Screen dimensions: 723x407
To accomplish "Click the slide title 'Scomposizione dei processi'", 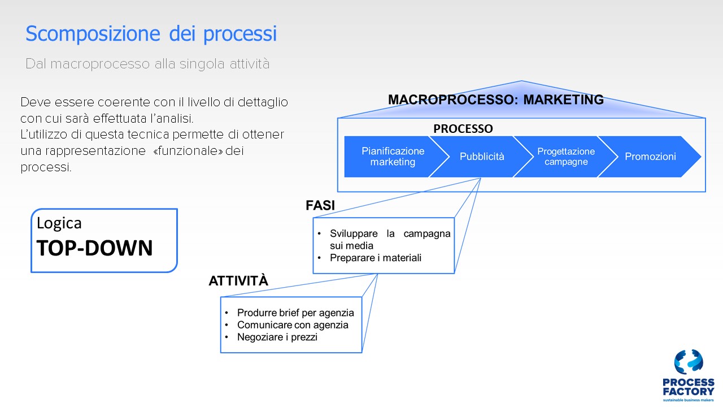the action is click(151, 33).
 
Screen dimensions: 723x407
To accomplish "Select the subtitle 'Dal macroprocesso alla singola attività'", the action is click(147, 64).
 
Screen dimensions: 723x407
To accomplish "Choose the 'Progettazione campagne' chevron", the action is click(566, 157).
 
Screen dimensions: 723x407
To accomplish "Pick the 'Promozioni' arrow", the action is click(650, 157).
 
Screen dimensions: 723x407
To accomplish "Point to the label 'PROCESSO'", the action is click(463, 128).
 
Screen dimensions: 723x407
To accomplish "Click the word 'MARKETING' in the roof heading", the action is click(563, 99).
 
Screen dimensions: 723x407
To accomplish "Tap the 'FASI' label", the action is click(320, 205).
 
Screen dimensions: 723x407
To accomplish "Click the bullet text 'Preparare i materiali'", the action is click(376, 258).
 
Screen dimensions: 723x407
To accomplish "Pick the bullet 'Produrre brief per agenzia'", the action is click(295, 313).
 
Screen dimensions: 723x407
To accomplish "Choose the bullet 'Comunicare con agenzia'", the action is click(293, 325).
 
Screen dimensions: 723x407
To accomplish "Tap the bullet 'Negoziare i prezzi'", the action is click(277, 337).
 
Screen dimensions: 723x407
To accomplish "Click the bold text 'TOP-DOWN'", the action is click(94, 248).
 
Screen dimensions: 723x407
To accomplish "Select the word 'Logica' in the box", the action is click(59, 223).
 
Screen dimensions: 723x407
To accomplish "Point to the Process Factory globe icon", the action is click(689, 362).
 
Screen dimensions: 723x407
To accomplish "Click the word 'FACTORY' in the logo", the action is click(689, 392).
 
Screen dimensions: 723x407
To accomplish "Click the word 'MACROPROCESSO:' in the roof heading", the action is click(453, 99).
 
